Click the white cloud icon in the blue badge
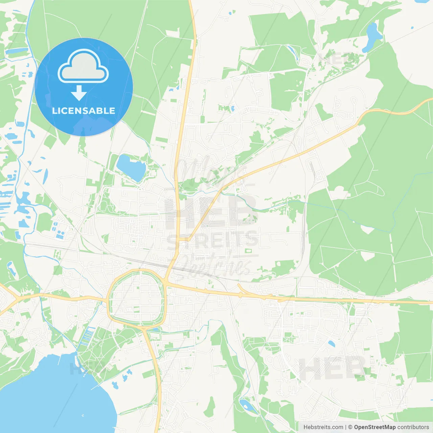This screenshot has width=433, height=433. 83,67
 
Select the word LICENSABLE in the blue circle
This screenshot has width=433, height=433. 83,111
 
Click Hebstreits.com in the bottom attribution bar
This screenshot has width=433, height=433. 323,427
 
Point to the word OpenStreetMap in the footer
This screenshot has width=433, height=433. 374,427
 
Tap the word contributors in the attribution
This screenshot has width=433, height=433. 413,427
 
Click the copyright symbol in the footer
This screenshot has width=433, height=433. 350,427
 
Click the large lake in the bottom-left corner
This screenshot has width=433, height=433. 51,396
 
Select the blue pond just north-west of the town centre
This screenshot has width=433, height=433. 131,167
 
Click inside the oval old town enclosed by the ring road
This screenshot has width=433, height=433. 137,298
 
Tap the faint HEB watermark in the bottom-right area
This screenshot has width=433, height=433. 333,368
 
